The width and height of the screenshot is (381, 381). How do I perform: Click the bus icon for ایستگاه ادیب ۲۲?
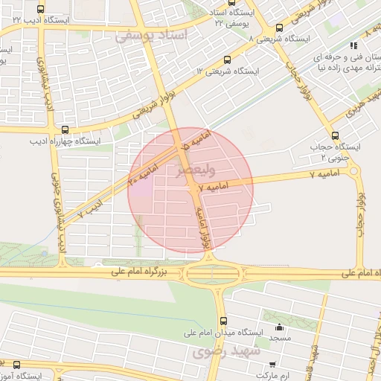(x=40, y=10)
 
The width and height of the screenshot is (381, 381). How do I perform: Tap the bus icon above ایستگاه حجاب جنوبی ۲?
(x=334, y=135)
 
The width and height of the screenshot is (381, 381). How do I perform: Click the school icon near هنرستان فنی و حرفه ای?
(x=365, y=46)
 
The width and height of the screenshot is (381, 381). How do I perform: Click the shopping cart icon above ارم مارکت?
(x=272, y=364)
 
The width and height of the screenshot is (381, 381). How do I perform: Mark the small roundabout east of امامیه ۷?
(x=353, y=172)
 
